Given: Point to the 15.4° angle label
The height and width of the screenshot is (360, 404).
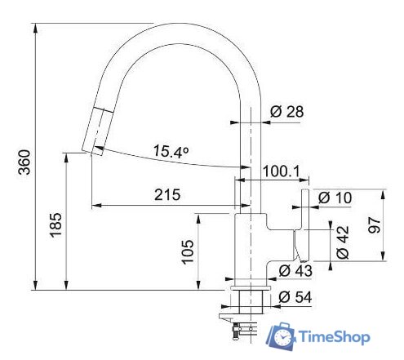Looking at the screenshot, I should point(171,151).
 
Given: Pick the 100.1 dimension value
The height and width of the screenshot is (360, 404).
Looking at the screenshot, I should point(282,171).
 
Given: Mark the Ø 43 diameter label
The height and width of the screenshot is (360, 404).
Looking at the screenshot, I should point(295,271).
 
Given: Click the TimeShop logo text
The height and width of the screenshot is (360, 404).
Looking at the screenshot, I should point(335,336).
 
